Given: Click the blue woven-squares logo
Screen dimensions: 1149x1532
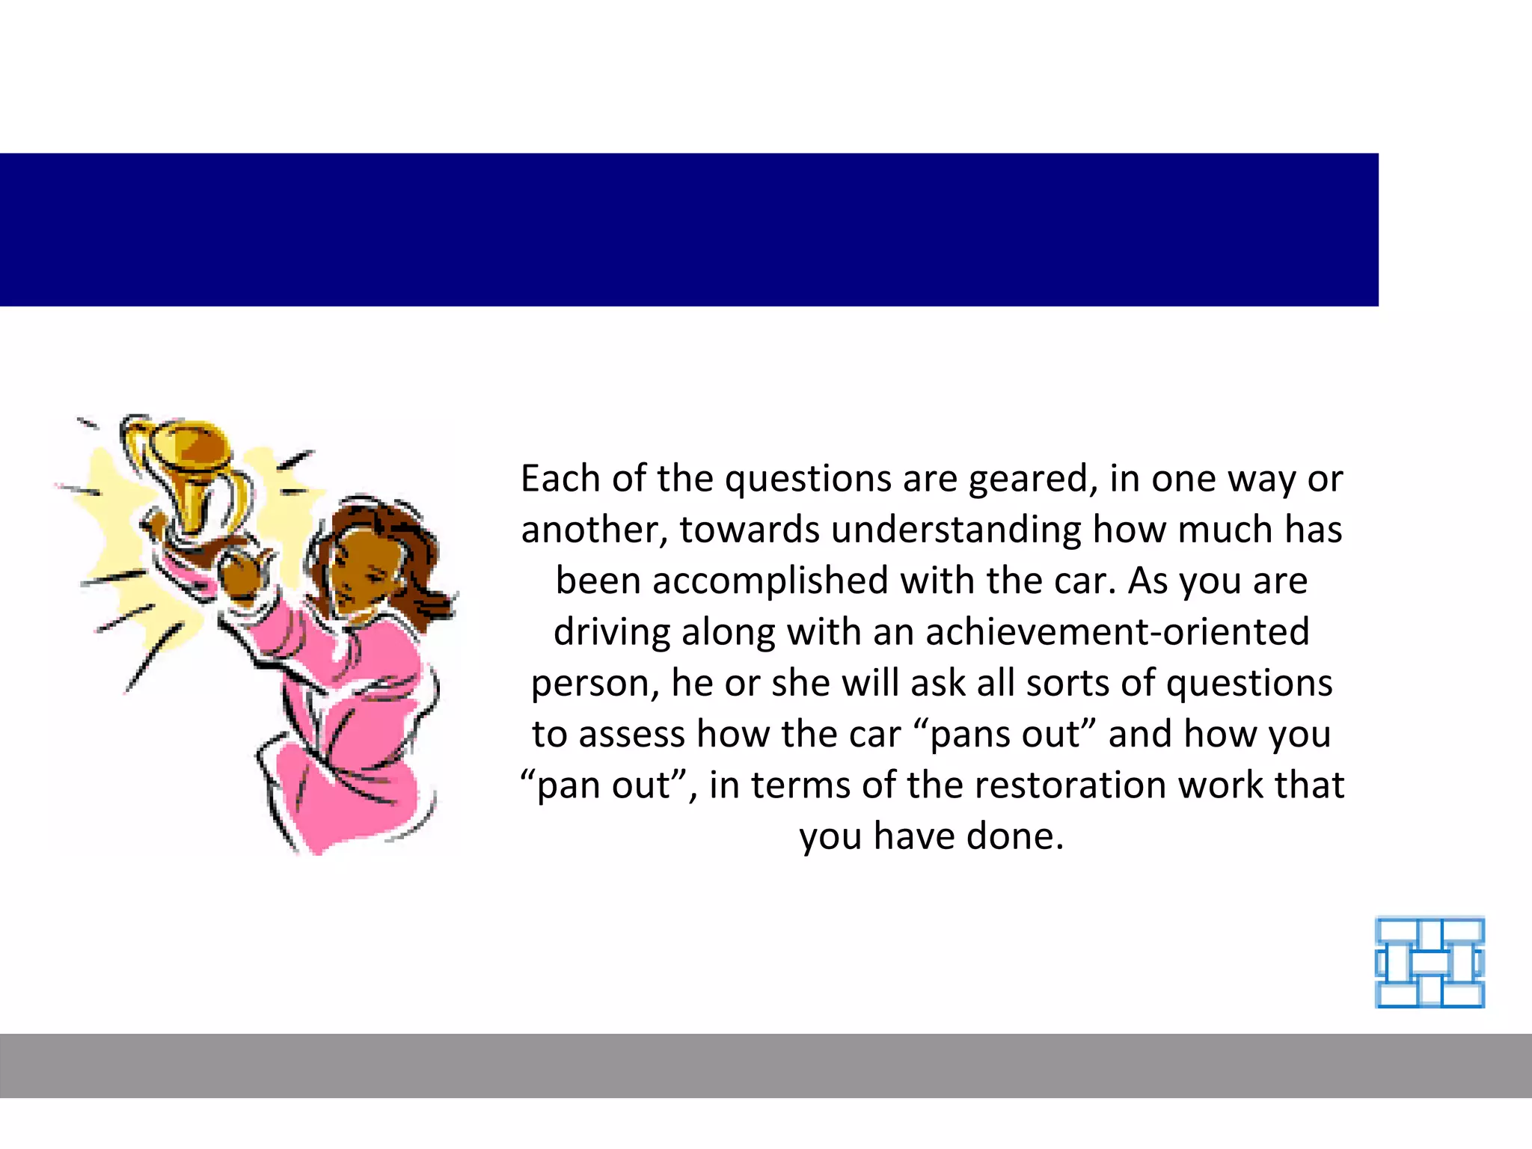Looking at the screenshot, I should (1430, 962).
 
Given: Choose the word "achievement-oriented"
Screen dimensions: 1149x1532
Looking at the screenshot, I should (1118, 632).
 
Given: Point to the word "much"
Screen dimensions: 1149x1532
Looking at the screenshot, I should (1225, 530).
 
